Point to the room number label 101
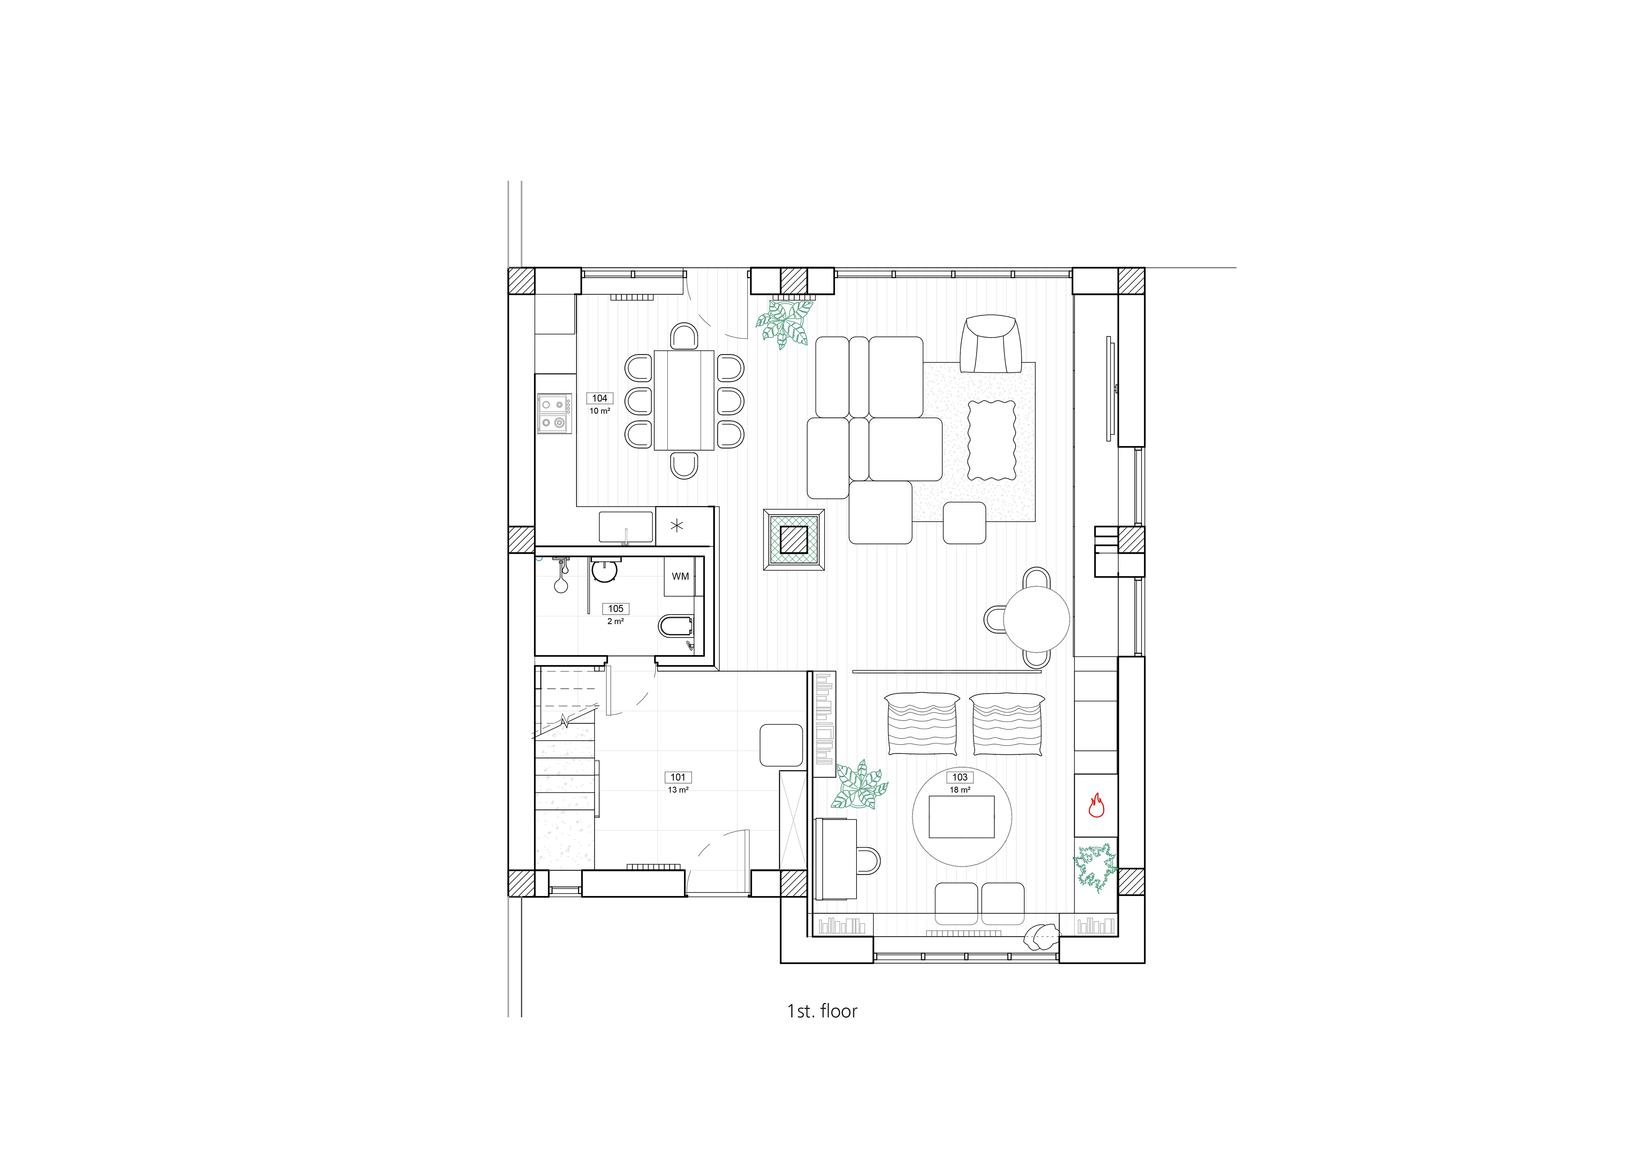coord(678,777)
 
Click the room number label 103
coord(960,777)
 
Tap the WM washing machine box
coord(680,576)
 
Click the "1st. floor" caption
coord(823,1011)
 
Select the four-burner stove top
coord(554,414)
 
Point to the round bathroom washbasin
coord(604,571)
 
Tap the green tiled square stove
coord(794,539)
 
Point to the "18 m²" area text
coord(960,790)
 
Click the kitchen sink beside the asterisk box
coord(626,527)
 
